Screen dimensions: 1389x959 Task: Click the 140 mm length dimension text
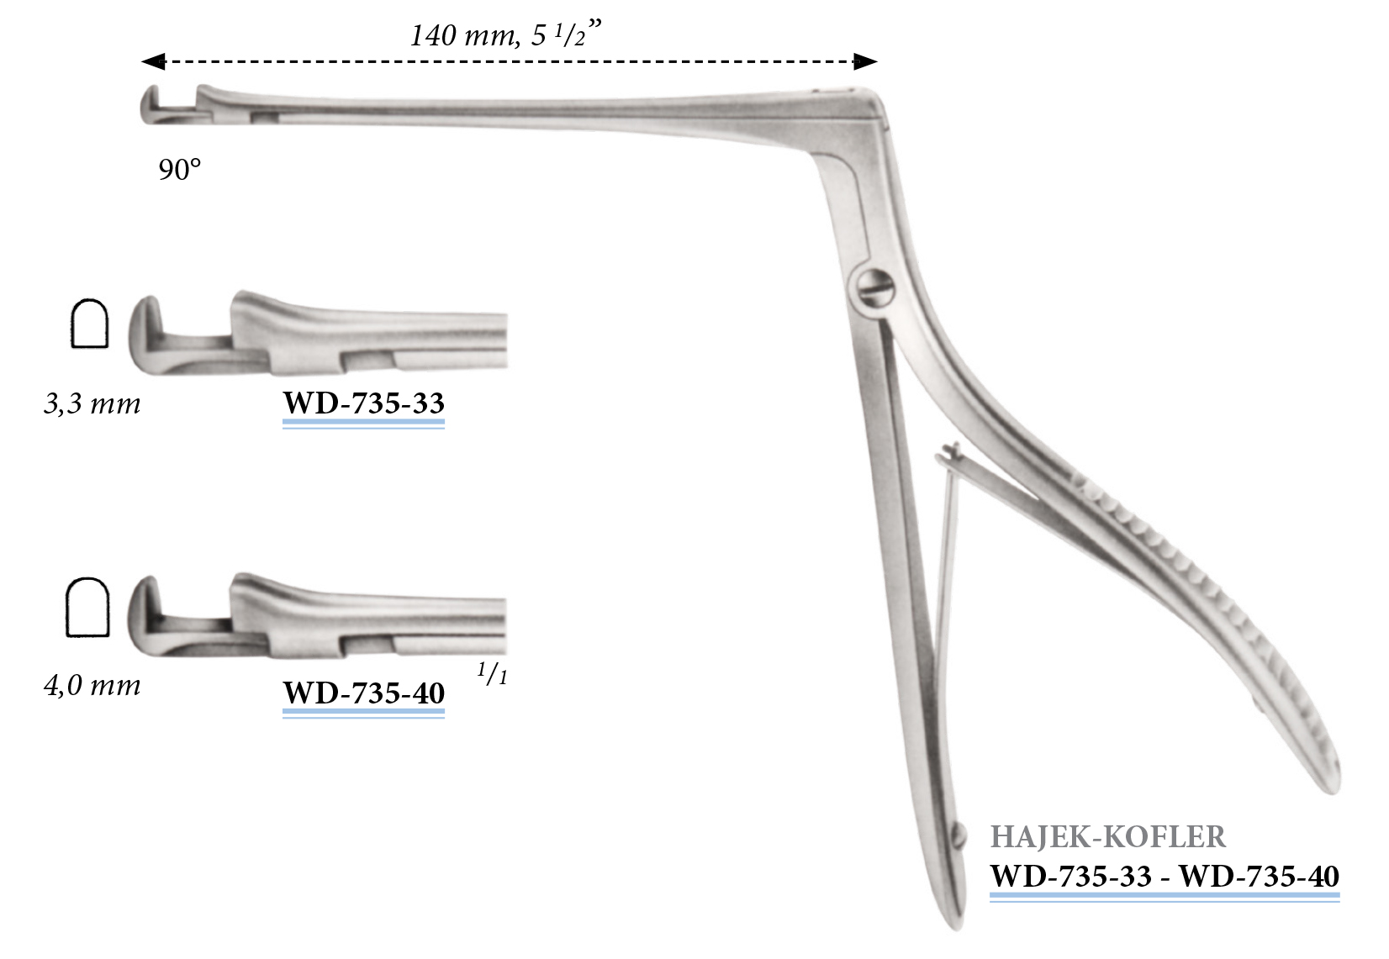pyautogui.click(x=505, y=34)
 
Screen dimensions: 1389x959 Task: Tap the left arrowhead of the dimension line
pyautogui.click(x=152, y=61)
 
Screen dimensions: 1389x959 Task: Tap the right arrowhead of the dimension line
pyautogui.click(x=866, y=61)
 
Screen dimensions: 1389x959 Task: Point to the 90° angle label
pyautogui.click(x=180, y=169)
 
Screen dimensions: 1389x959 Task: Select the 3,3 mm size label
pyautogui.click(x=92, y=403)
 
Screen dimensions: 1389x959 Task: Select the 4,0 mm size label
pyautogui.click(x=92, y=686)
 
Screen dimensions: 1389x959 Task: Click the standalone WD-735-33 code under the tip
pyautogui.click(x=363, y=403)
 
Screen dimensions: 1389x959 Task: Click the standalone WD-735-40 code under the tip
pyautogui.click(x=363, y=693)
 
